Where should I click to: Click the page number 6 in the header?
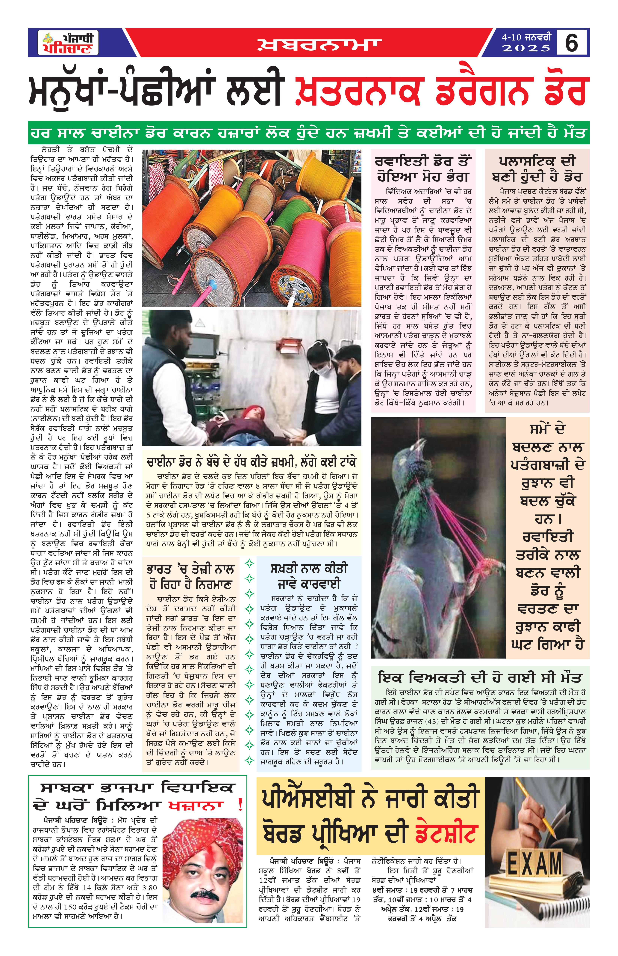[x=571, y=43]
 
